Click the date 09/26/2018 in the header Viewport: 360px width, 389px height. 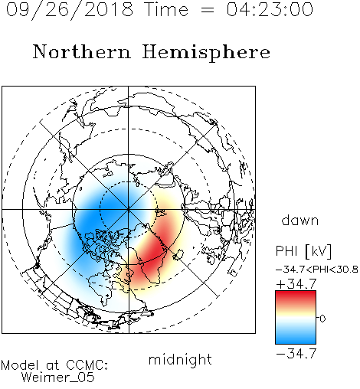(70, 10)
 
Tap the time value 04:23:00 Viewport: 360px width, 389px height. (270, 9)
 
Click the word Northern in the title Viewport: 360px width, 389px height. (82, 51)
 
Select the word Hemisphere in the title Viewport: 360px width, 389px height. (206, 53)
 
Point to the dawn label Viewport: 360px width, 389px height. (300, 220)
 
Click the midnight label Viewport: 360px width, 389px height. (180, 360)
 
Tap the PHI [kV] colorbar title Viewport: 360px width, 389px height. (303, 251)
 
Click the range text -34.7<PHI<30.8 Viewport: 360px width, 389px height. (317, 270)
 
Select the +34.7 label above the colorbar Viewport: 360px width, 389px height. (296, 284)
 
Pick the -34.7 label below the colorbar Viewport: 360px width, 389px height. (296, 354)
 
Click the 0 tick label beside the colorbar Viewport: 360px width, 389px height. (322, 319)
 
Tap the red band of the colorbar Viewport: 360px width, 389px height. (296, 297)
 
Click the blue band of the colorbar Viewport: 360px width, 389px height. (296, 337)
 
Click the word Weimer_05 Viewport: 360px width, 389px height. (58, 378)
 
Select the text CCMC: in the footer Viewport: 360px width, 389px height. (87, 365)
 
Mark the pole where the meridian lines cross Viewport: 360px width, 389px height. (129, 210)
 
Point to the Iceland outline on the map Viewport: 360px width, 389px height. (178, 254)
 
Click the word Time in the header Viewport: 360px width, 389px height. (166, 9)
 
